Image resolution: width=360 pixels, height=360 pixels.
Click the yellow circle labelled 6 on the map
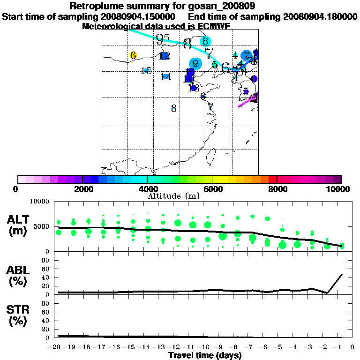click(133, 56)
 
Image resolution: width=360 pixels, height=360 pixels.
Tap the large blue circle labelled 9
click(195, 64)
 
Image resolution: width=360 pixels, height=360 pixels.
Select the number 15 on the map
click(146, 71)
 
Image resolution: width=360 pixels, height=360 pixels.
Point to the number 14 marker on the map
click(165, 76)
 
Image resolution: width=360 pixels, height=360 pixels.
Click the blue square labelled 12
click(164, 56)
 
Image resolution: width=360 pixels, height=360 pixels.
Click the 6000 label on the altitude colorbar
click(212, 189)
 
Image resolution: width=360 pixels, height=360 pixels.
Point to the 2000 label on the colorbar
click(82, 189)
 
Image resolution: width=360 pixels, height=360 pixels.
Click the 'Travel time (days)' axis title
click(205, 355)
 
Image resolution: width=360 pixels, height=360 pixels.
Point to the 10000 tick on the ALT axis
click(39, 202)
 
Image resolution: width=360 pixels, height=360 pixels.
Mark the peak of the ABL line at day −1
click(342, 274)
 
